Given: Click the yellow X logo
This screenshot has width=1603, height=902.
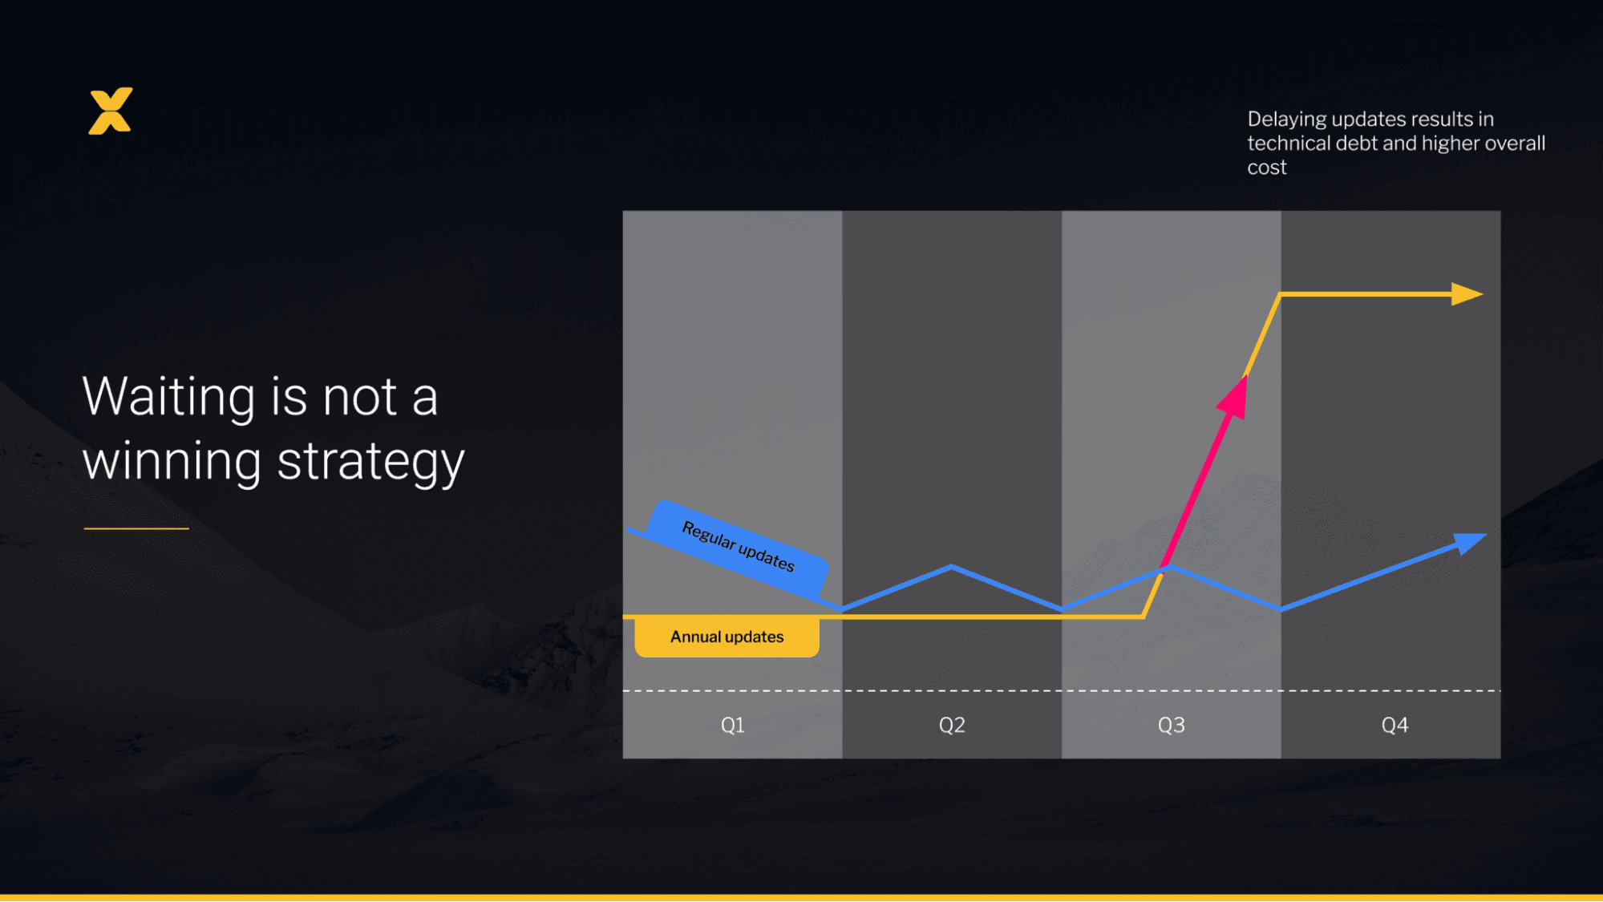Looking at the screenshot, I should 111,111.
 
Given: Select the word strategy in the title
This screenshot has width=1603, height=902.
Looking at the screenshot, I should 370,463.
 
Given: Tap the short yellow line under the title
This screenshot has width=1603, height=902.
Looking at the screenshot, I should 136,528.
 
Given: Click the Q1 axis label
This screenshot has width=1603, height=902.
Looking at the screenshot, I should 732,725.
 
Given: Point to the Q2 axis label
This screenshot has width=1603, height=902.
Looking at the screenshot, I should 952,725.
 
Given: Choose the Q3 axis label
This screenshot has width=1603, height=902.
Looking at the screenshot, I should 1171,725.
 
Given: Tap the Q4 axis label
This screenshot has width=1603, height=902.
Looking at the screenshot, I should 1395,725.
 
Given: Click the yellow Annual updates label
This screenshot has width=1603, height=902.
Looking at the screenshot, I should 727,637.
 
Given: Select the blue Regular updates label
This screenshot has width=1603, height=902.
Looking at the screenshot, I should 738,547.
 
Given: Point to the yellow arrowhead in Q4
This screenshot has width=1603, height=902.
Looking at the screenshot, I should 1467,294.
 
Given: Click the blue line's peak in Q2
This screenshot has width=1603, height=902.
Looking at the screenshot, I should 952,567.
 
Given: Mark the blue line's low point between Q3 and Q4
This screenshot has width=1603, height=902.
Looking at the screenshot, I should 1281,609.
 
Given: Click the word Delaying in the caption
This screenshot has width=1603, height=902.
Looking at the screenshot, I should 1286,119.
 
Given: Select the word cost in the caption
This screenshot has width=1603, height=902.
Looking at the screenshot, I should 1266,168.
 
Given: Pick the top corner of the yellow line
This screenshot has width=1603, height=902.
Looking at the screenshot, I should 1280,295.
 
